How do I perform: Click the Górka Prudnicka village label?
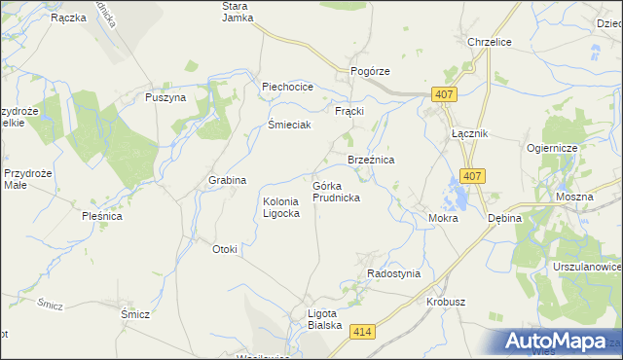pyautogui.click(x=337, y=191)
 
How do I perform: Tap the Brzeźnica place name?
pyautogui.click(x=371, y=160)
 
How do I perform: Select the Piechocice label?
pyautogui.click(x=287, y=87)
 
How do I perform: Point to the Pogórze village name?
pyautogui.click(x=370, y=72)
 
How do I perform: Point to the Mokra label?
pyautogui.click(x=443, y=219)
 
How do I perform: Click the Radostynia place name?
pyautogui.click(x=393, y=273)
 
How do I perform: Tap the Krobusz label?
pyautogui.click(x=446, y=303)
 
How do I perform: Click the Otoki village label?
pyautogui.click(x=225, y=249)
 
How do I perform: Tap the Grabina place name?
pyautogui.click(x=227, y=181)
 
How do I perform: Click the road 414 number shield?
pyautogui.click(x=363, y=334)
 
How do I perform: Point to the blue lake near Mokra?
pyautogui.click(x=455, y=194)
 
